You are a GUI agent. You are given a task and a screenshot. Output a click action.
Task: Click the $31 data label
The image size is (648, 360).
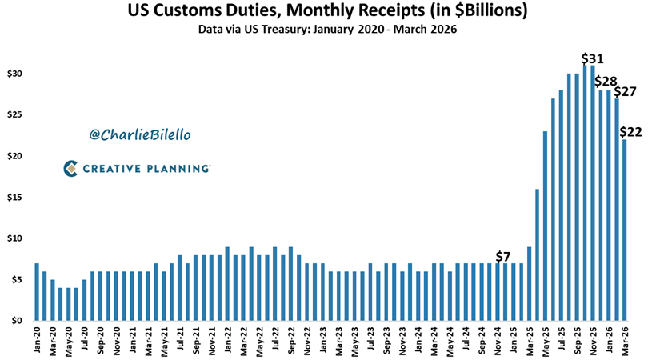click(x=593, y=59)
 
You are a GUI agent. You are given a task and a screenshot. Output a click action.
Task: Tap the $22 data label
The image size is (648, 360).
click(x=631, y=132)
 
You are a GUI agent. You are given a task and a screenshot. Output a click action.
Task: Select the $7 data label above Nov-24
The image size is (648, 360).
click(x=502, y=255)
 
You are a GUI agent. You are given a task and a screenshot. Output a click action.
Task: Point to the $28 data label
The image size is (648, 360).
click(x=606, y=82)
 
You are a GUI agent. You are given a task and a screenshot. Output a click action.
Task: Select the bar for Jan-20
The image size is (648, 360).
click(x=37, y=292)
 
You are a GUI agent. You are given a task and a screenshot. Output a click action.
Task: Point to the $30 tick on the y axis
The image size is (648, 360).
click(x=16, y=74)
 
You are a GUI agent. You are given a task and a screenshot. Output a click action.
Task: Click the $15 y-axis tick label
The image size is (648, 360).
click(x=16, y=198)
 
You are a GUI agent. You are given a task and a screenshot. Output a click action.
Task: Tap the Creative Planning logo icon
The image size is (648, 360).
click(x=70, y=168)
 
